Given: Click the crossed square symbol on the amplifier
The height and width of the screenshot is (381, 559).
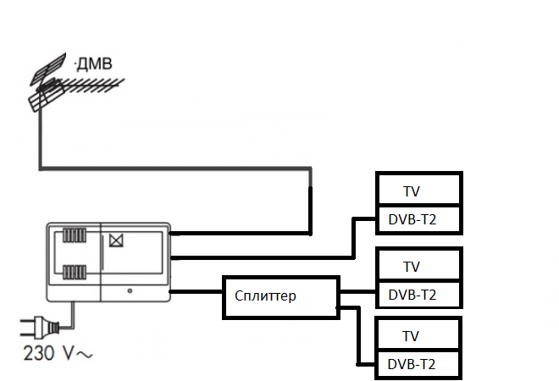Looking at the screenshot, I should [x=115, y=240].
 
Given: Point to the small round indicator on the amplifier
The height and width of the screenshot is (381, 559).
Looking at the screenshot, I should [x=130, y=291].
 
